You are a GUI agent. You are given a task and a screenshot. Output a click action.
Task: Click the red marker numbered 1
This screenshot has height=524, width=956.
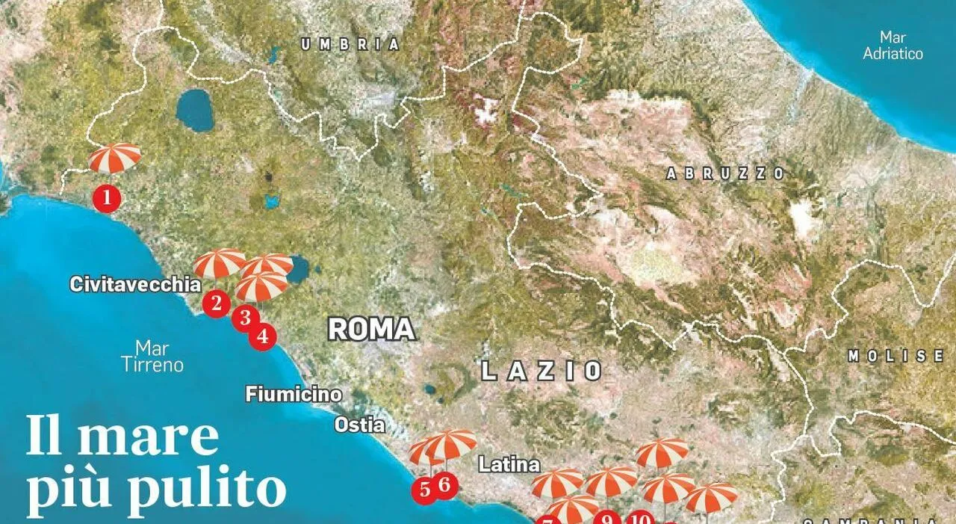107,198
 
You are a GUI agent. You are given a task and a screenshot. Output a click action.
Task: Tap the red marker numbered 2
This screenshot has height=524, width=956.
217,303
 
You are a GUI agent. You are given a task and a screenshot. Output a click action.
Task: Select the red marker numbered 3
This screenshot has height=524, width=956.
245,318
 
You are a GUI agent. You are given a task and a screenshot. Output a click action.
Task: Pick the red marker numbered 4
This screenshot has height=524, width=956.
262,336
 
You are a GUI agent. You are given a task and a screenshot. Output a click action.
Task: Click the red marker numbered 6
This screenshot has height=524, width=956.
444,485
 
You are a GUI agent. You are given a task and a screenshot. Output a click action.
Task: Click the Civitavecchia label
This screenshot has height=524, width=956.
135,285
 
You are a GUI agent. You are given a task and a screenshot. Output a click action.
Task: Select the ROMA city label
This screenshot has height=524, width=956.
372,330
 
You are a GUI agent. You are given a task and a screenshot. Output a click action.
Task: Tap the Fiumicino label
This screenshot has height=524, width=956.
294,395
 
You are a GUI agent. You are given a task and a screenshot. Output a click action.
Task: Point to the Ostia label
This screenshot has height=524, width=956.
359,425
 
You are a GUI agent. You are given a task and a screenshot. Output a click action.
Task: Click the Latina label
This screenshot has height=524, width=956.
509,464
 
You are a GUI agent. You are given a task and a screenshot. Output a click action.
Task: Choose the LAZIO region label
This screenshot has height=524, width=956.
542,371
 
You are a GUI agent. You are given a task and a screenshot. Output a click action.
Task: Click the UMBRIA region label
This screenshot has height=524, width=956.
350,45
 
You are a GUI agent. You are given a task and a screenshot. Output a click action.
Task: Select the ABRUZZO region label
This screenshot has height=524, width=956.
725,174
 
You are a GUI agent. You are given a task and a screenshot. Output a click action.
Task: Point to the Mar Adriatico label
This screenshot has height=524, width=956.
893,46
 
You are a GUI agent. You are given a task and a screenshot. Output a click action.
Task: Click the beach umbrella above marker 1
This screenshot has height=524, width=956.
114,156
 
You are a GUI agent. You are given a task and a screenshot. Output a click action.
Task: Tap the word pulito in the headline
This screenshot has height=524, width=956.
202,490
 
